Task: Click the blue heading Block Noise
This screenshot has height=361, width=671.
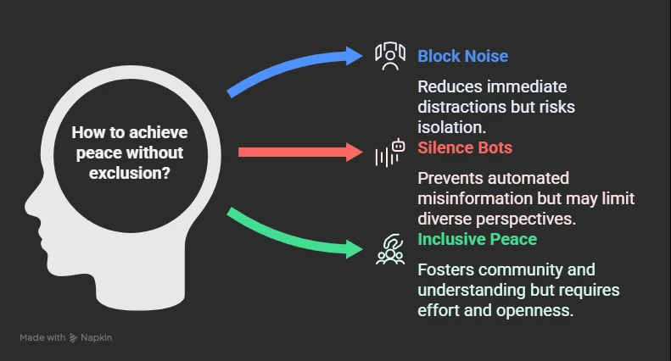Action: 462,56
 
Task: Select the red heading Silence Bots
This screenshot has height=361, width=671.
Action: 465,147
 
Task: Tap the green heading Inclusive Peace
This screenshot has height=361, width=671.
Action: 477,239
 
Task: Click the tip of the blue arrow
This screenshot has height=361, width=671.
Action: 362,56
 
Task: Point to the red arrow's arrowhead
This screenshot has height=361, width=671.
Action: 355,152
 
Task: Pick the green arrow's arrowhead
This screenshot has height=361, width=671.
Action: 355,249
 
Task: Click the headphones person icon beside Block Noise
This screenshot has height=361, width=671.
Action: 390,56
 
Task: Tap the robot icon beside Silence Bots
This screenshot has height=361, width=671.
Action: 390,153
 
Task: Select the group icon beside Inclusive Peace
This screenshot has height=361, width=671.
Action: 390,249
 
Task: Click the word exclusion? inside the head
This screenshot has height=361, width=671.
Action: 130,173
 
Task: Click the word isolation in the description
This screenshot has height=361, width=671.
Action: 450,127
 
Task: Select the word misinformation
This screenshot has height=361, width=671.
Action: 475,198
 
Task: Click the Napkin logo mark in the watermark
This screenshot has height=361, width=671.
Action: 73,338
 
